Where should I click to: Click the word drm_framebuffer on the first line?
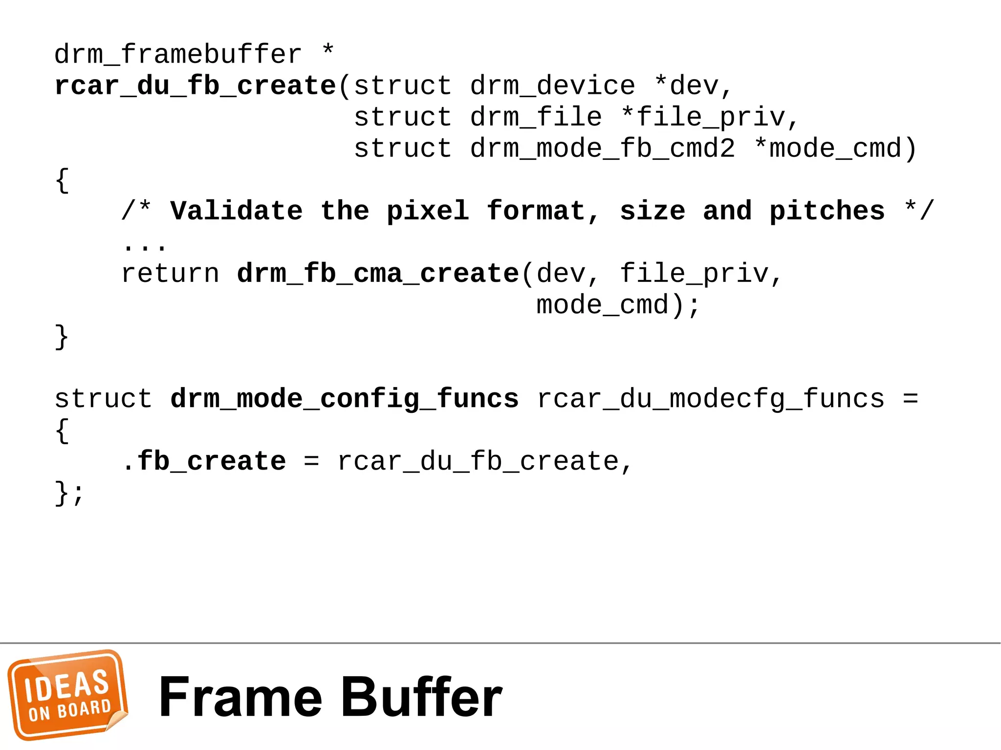coord(177,54)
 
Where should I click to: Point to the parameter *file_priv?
coord(710,117)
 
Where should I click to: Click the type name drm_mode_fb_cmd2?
coord(602,149)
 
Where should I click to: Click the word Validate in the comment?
coord(237,211)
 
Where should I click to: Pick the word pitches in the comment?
coord(827,211)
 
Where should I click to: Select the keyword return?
coord(170,274)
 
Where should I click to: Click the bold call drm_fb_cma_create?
coord(377,274)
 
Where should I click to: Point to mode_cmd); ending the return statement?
coord(618,305)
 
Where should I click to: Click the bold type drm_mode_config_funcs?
coord(345,399)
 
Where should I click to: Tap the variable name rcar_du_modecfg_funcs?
coord(711,399)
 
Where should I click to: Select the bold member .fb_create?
coord(204,461)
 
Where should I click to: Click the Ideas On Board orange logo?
coord(67,695)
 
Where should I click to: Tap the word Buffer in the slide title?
coord(421,697)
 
